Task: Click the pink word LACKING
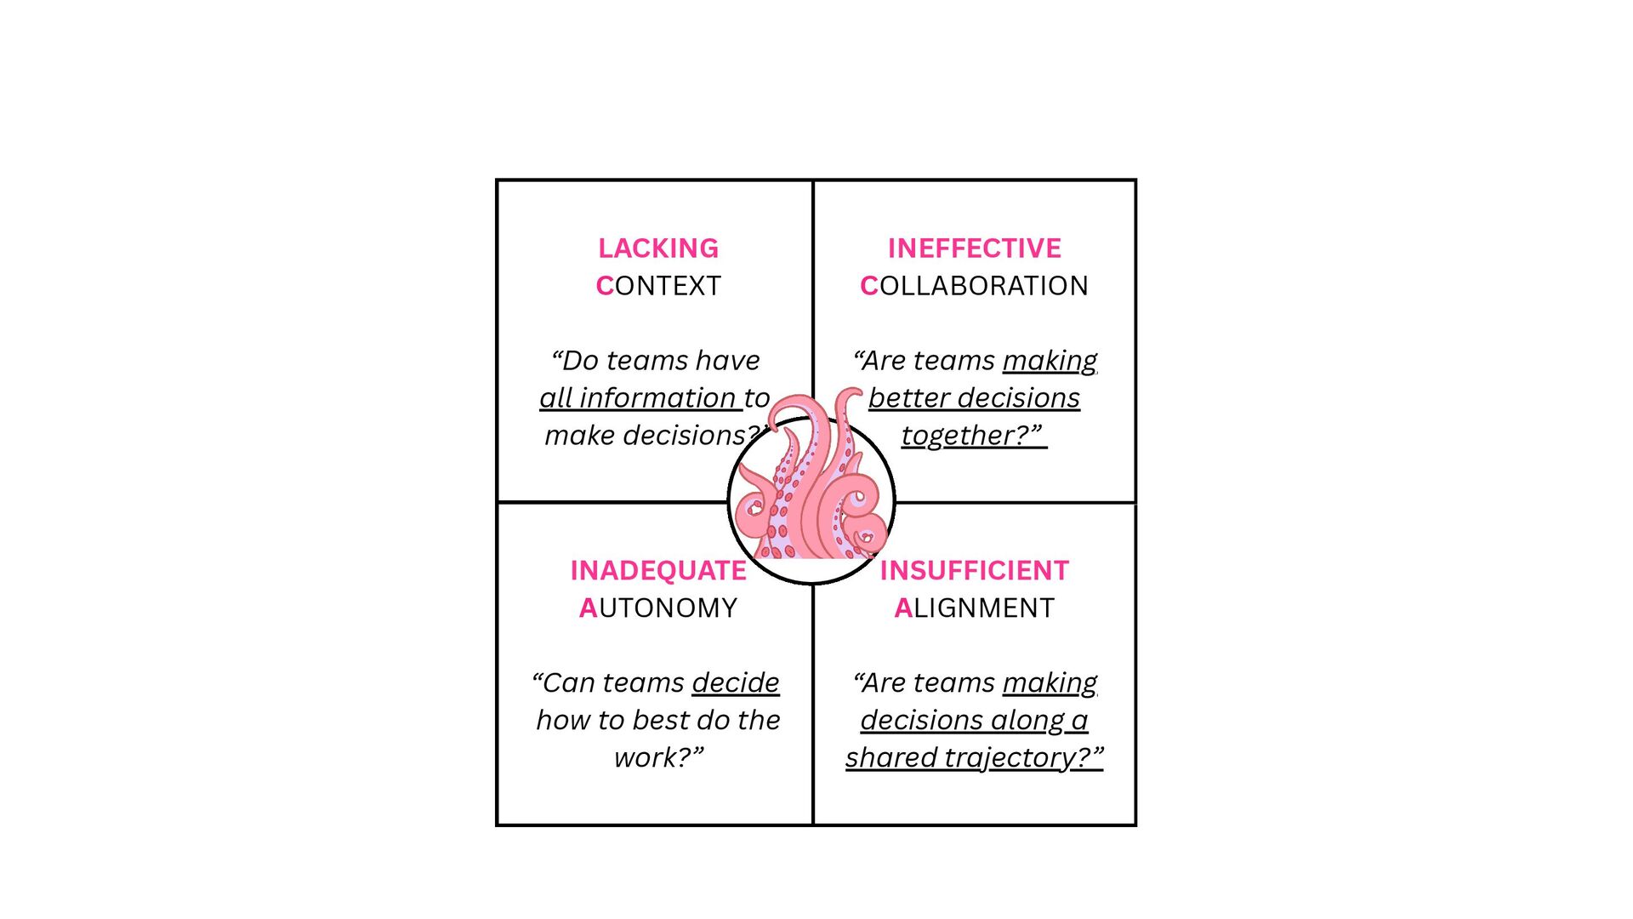click(x=658, y=248)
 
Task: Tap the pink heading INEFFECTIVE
click(x=974, y=248)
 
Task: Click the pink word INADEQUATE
click(x=658, y=571)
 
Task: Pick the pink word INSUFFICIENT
click(x=974, y=571)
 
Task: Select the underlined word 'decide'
click(x=736, y=683)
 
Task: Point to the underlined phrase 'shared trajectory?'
click(x=974, y=758)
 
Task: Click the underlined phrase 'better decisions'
click(x=974, y=398)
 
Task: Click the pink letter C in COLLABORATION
click(x=868, y=286)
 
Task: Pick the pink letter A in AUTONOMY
click(x=588, y=608)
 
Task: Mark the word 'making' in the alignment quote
click(x=1050, y=683)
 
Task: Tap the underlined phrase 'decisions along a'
click(x=974, y=721)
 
